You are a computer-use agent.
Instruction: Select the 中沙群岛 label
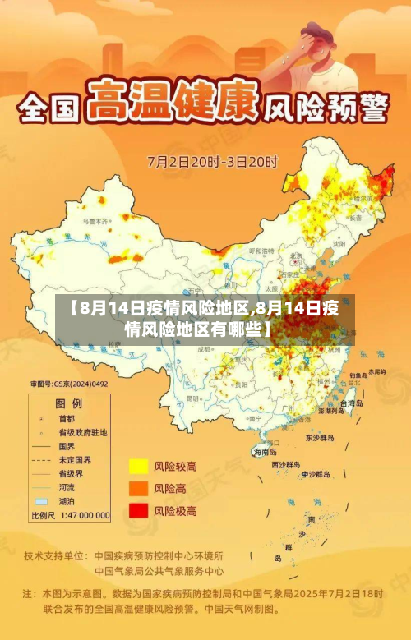(316, 474)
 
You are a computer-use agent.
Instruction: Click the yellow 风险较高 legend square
(137, 466)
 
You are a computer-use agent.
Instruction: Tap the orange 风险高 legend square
(137, 488)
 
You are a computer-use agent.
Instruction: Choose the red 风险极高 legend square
(137, 510)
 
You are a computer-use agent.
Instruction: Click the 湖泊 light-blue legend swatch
(40, 500)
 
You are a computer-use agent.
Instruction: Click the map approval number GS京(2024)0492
(69, 384)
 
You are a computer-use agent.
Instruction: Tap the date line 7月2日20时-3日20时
(212, 161)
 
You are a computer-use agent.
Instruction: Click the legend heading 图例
(68, 403)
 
